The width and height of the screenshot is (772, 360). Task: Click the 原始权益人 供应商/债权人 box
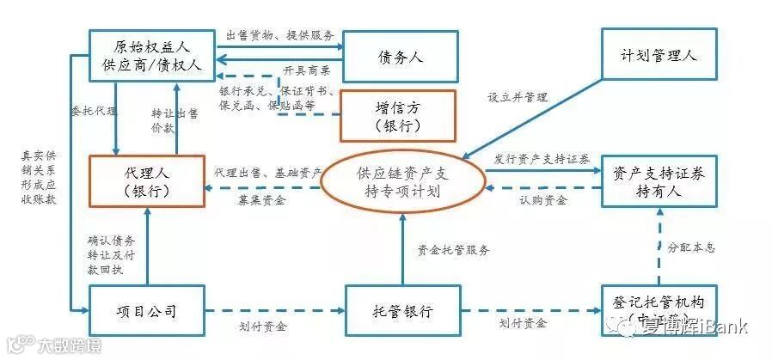click(150, 56)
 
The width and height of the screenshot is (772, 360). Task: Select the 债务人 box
click(399, 57)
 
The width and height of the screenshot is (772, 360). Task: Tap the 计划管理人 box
click(659, 55)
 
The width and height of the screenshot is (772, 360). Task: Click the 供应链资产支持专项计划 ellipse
click(403, 181)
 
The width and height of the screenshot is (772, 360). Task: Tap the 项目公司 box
click(145, 310)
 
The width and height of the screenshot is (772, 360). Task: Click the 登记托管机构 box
click(659, 309)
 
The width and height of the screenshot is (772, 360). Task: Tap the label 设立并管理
click(518, 97)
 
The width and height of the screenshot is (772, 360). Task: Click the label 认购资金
click(542, 201)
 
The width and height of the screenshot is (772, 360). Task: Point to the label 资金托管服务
click(453, 250)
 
